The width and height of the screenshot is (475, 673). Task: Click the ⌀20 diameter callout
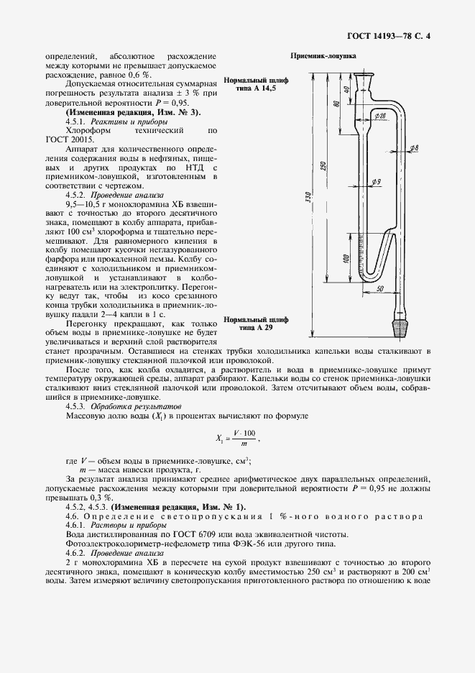coord(380,116)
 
